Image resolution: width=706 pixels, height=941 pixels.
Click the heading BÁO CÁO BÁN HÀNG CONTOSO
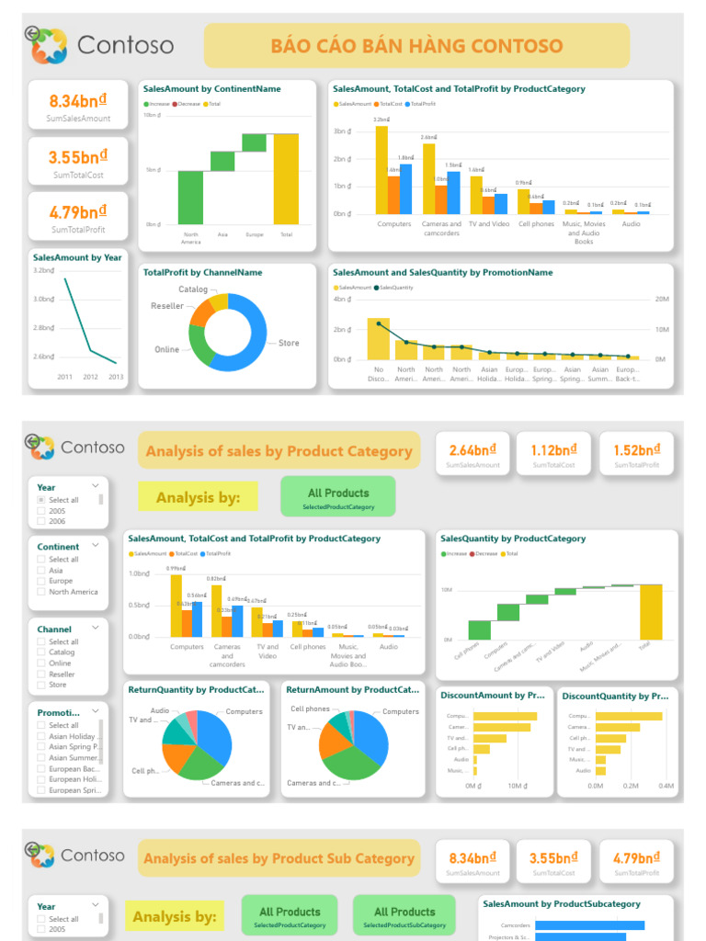[x=416, y=46]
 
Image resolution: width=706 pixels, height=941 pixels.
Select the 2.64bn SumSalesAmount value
[x=474, y=450]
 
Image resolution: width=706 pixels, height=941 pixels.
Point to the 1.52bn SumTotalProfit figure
[x=636, y=450]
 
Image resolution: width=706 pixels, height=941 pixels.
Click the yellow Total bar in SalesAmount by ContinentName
[x=286, y=179]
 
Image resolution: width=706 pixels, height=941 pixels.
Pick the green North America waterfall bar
[x=190, y=198]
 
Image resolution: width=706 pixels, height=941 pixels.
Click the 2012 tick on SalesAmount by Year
[x=90, y=377]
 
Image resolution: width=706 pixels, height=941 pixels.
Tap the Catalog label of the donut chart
[x=193, y=289]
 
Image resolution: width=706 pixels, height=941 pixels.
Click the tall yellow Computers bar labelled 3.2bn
[x=381, y=170]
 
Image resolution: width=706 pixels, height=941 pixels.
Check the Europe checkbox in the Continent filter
[x=41, y=581]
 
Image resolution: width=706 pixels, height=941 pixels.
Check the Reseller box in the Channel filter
[x=41, y=674]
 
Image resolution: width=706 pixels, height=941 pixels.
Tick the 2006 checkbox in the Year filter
[x=41, y=521]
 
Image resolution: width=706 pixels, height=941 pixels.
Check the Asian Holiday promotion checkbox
[x=41, y=736]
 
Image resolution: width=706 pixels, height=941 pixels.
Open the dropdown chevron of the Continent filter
[x=96, y=545]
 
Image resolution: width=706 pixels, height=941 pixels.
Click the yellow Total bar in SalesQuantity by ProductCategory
[x=651, y=612]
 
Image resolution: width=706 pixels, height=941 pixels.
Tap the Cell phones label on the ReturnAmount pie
[x=310, y=709]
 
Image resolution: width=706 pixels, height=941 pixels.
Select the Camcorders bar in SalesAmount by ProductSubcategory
[x=589, y=925]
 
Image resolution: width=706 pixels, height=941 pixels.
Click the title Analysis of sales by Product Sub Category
[x=279, y=858]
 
